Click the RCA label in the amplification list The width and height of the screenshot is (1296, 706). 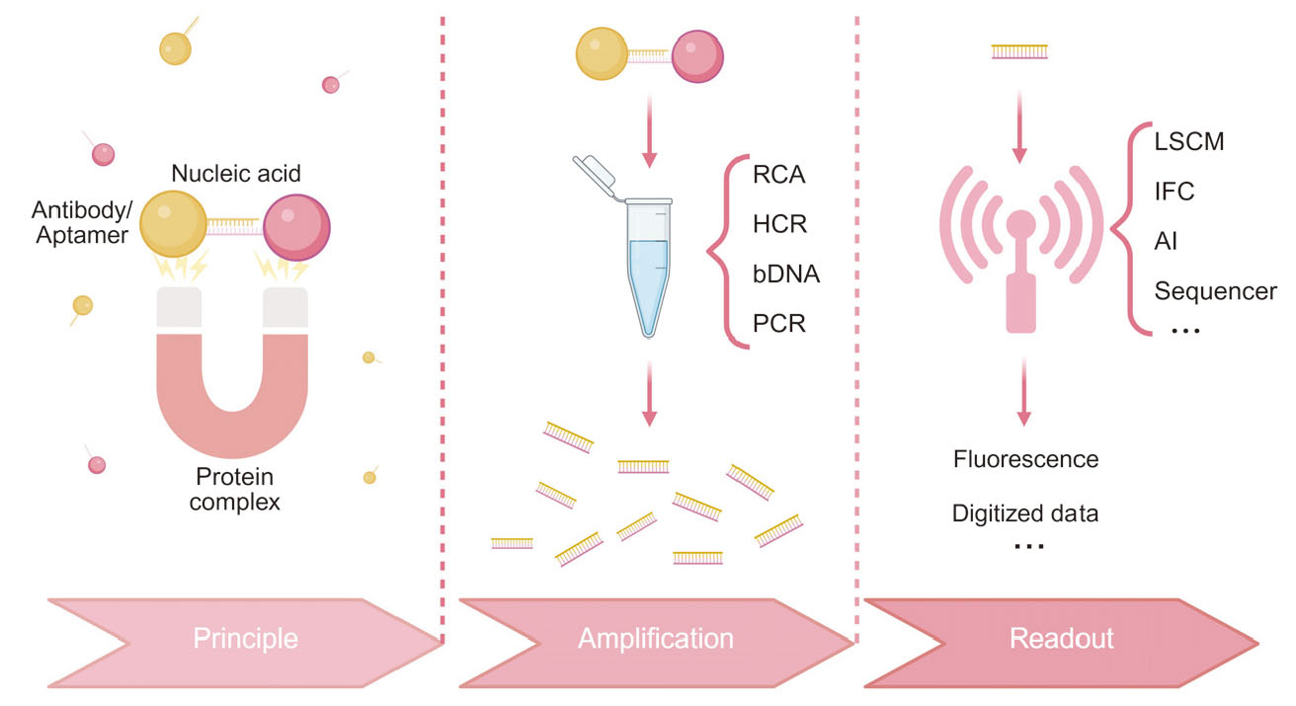click(779, 176)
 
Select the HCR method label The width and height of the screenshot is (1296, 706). click(779, 224)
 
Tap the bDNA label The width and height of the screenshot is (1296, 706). click(786, 274)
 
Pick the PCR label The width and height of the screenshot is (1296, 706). click(779, 323)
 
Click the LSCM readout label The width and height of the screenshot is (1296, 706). click(1189, 141)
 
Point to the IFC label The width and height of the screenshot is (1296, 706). click(1174, 191)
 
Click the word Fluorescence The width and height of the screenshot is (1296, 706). click(1026, 459)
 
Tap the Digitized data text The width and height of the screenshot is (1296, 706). click(1025, 513)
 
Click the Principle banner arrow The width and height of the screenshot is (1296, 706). click(245, 638)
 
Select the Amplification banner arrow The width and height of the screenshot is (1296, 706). click(656, 638)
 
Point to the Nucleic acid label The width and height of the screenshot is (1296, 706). click(236, 175)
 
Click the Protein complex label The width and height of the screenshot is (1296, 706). click(237, 489)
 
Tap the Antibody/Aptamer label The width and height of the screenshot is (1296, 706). click(79, 223)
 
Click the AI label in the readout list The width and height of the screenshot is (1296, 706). click(1166, 241)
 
